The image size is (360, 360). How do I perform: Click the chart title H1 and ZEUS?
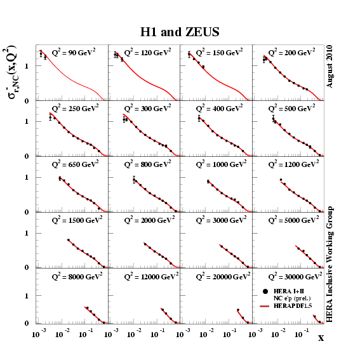(x=180, y=31)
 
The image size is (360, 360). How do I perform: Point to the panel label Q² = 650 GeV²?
(x=76, y=164)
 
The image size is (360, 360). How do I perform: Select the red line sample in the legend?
(x=266, y=306)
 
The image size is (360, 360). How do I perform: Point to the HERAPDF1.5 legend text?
(x=294, y=306)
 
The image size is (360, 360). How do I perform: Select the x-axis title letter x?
(x=321, y=338)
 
